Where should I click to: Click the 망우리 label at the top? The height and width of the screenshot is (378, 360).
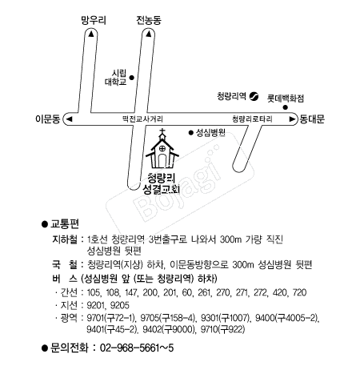click(94, 20)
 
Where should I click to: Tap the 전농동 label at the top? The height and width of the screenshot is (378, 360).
click(149, 20)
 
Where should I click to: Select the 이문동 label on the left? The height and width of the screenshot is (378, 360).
click(48, 119)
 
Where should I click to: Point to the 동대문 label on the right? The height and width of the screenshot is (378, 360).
click(312, 119)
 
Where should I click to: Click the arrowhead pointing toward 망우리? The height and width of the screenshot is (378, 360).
click(91, 34)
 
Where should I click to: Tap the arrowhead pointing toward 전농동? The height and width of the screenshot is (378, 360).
click(149, 34)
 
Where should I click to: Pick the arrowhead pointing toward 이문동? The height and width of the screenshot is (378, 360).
click(70, 119)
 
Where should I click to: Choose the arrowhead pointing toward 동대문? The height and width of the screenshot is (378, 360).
click(292, 119)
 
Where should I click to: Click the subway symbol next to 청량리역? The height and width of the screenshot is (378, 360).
click(254, 96)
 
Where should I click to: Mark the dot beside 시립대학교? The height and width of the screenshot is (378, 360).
click(131, 78)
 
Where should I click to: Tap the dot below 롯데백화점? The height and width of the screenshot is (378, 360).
click(286, 107)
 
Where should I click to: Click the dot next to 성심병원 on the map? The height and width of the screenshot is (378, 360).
click(190, 132)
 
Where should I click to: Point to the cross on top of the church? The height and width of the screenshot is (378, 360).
click(162, 131)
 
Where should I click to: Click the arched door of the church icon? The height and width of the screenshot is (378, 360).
click(162, 161)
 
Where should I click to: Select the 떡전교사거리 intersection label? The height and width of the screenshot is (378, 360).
click(142, 119)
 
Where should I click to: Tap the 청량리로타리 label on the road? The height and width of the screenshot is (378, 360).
click(252, 119)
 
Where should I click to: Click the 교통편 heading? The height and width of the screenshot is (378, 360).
click(65, 224)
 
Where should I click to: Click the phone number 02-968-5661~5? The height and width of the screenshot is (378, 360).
click(137, 348)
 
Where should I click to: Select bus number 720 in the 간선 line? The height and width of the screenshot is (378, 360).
click(299, 293)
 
